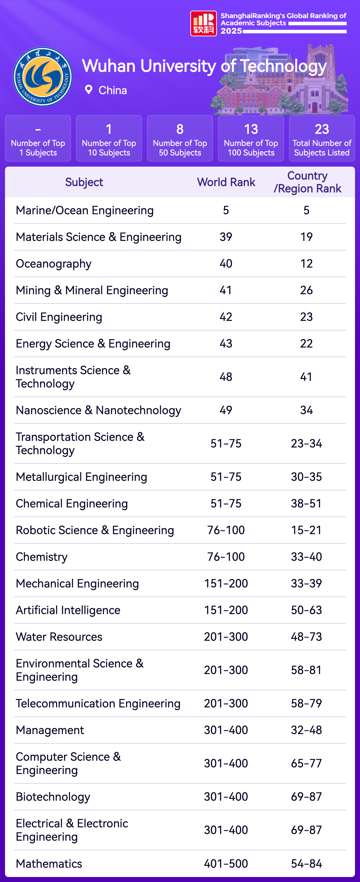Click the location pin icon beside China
(88, 90)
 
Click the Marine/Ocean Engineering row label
(85, 210)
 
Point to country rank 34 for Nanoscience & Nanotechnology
(306, 410)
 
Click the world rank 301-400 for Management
(226, 730)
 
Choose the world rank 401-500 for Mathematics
(226, 864)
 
